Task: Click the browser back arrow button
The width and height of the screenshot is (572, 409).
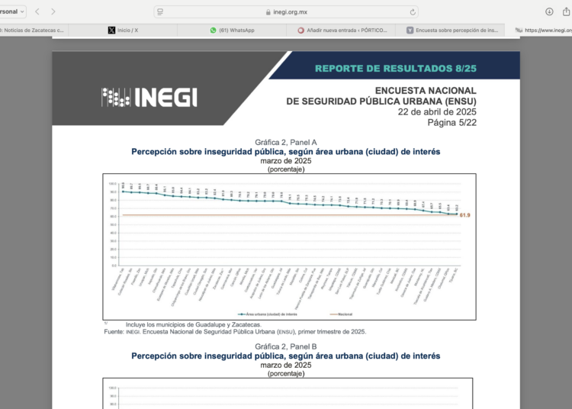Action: tap(37, 11)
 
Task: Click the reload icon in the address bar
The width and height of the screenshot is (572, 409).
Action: tap(413, 11)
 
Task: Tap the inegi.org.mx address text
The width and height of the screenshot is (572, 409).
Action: tap(291, 11)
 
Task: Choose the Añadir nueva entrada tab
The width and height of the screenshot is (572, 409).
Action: tap(344, 31)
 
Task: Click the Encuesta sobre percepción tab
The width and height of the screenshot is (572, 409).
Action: tap(452, 31)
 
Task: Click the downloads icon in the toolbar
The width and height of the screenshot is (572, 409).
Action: tap(549, 11)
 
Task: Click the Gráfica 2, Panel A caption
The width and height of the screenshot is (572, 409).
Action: tap(285, 143)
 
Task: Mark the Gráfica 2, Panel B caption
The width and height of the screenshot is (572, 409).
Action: tap(285, 347)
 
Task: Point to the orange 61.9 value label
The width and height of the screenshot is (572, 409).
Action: tap(465, 216)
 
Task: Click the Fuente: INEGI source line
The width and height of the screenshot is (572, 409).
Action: tap(235, 331)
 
